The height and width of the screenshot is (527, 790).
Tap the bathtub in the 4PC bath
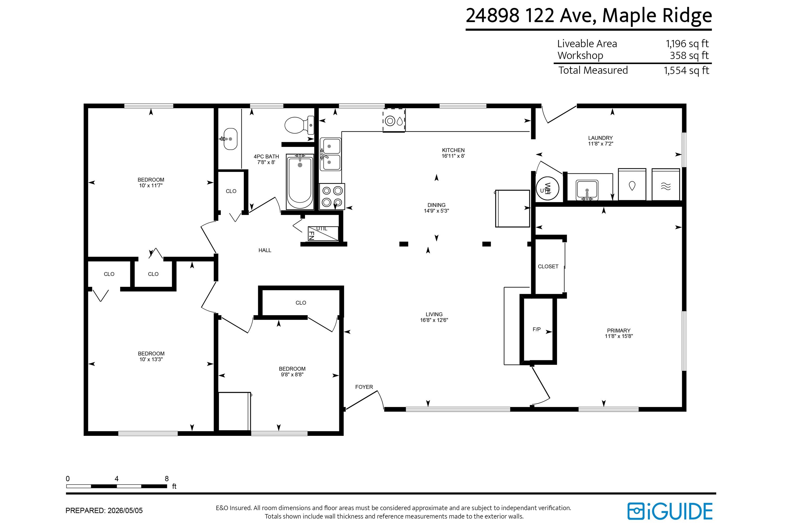pos(300,182)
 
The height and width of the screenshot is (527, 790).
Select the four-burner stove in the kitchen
pos(332,197)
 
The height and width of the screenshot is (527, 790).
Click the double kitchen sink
pos(330,154)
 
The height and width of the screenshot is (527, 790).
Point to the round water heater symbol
pos(547,189)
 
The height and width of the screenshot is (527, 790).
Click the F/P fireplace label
pos(537,330)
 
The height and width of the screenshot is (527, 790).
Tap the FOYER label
pos(364,387)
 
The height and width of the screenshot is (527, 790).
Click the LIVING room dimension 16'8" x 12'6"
pos(434,320)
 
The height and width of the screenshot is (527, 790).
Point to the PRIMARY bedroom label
pos(619,330)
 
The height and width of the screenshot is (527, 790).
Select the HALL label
pos(265,250)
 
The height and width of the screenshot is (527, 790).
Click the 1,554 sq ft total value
pos(686,71)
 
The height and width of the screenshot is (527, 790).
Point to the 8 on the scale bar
pos(167,479)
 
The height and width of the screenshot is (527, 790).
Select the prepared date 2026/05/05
pos(125,511)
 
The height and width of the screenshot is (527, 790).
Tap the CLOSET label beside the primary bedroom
pos(548,266)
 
